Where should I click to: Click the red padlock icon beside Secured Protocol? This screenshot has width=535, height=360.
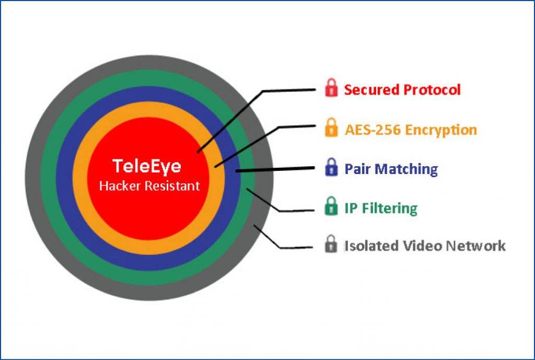click(331, 88)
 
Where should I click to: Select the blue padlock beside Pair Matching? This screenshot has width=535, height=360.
click(331, 167)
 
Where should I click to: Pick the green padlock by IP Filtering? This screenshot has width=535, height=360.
click(331, 206)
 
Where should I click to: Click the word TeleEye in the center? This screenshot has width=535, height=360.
click(147, 166)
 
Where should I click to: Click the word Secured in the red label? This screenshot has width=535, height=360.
click(371, 90)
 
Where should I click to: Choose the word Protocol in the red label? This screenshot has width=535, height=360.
click(432, 90)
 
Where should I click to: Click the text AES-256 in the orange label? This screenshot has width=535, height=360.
click(373, 130)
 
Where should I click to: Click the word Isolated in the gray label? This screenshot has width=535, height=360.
click(371, 246)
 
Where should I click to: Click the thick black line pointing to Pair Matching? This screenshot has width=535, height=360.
click(275, 169)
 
